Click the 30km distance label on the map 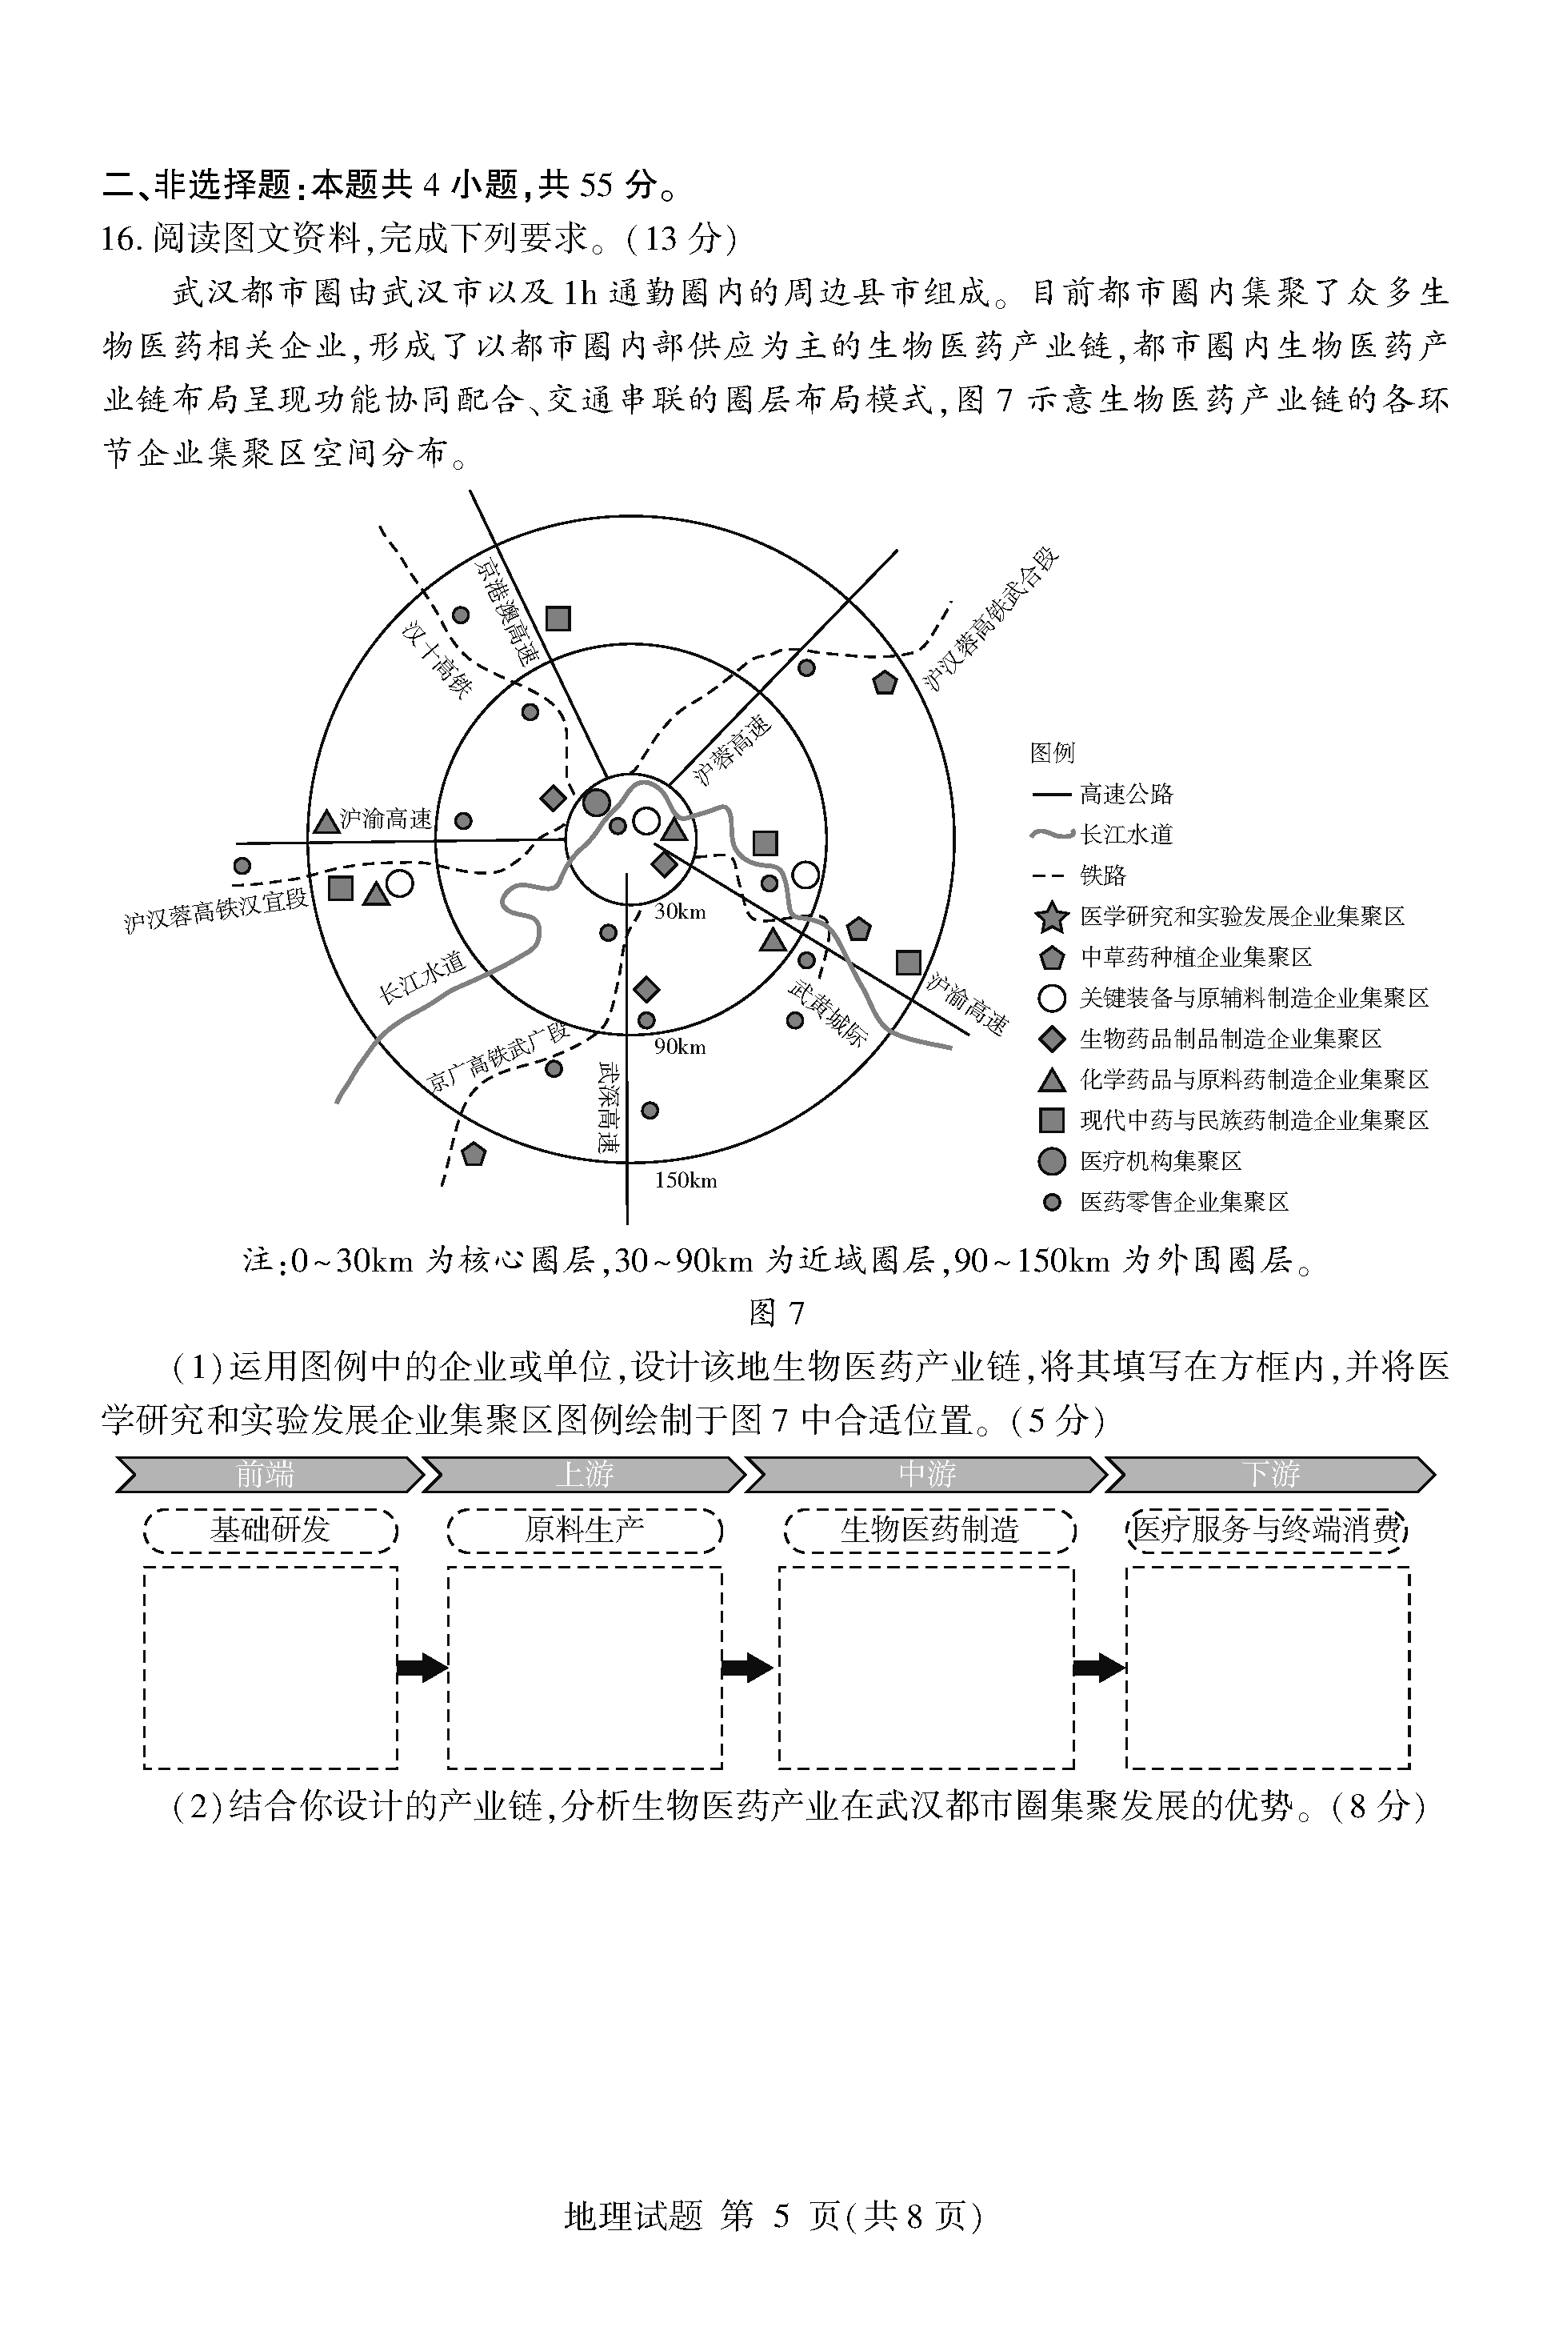(680, 911)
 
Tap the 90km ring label (680, 1047)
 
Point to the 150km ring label (685, 1180)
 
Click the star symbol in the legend (1052, 917)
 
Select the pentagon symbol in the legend (1052, 958)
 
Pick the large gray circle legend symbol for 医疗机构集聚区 (1052, 1162)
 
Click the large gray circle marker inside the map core (597, 803)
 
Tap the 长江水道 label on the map (422, 978)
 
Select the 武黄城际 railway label (827, 1013)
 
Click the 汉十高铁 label (436, 659)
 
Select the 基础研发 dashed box (270, 1531)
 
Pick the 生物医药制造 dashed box (928, 1531)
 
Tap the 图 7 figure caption (776, 1312)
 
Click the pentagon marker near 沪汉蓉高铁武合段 (885, 683)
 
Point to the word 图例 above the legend (1052, 753)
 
